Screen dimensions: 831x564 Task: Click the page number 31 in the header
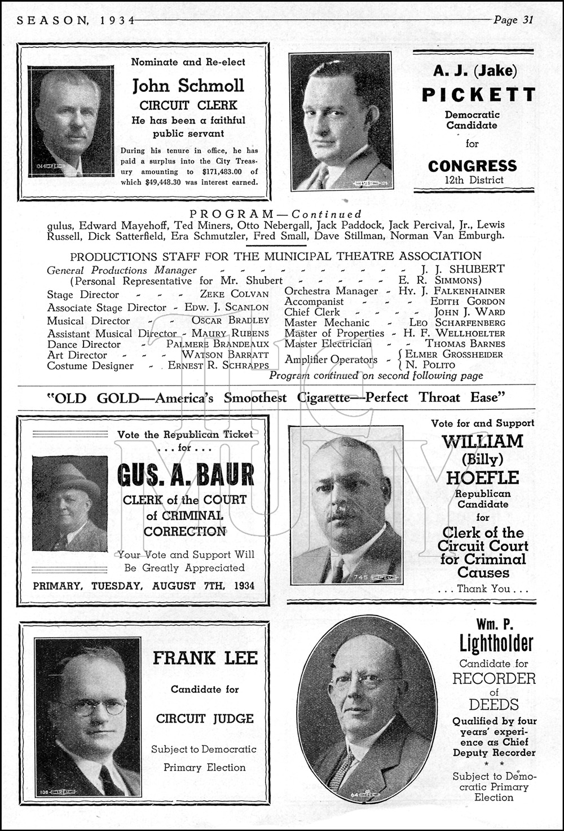point(527,20)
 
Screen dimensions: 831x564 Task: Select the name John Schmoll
point(188,86)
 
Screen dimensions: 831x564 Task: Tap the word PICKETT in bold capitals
point(478,95)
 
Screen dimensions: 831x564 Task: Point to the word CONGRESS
point(472,166)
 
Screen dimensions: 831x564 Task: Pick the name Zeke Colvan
point(234,294)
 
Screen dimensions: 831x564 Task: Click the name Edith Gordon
point(468,302)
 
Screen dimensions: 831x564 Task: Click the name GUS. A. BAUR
point(186,475)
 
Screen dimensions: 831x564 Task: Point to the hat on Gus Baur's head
point(70,476)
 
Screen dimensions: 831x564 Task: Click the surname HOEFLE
point(482,478)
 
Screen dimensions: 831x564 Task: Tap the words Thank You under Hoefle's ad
point(483,589)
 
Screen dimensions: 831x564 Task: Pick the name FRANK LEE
point(205,658)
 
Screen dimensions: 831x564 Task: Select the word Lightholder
point(496,643)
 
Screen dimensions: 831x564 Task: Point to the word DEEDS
point(493,704)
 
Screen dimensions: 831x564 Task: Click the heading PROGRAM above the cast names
point(231,214)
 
